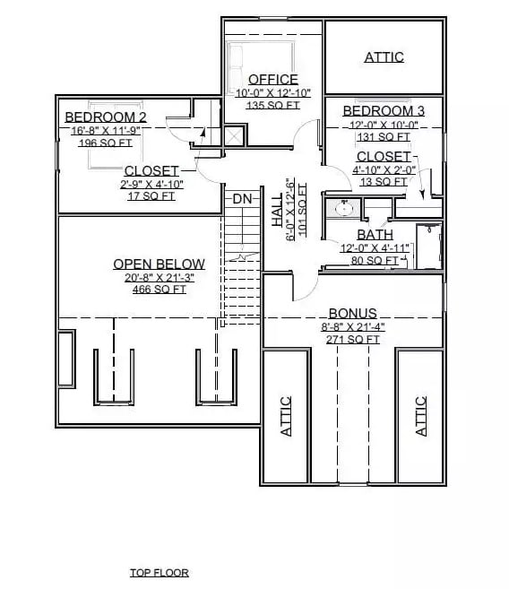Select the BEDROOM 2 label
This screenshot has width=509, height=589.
click(x=106, y=117)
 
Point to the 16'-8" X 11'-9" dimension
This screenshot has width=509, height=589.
click(x=105, y=130)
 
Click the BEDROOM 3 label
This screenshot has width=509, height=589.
click(x=383, y=110)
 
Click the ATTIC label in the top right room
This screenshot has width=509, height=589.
click(x=384, y=57)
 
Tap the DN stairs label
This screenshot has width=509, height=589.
click(x=242, y=198)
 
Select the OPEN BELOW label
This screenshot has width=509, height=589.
click(x=159, y=264)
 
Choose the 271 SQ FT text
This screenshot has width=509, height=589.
click(x=353, y=339)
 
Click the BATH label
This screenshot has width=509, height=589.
click(x=375, y=235)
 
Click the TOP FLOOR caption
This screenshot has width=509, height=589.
click(x=159, y=572)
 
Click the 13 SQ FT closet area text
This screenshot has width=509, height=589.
click(x=383, y=181)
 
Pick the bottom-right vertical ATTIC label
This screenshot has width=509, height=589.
click(x=421, y=416)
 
